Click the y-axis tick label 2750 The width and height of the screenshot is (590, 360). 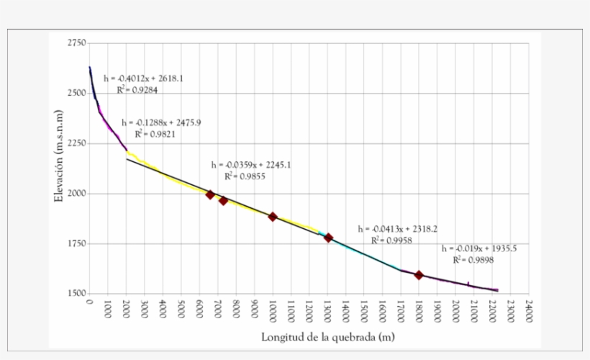click(77, 44)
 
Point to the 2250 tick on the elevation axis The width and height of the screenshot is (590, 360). click(77, 144)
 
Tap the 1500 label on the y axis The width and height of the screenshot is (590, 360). click(77, 294)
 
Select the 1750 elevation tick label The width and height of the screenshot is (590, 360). click(77, 244)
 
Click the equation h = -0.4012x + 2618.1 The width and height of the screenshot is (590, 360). click(143, 78)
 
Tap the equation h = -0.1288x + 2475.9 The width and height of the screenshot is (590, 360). click(161, 122)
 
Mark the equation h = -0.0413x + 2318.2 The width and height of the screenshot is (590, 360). click(395, 229)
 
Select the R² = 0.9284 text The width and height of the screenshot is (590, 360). click(137, 90)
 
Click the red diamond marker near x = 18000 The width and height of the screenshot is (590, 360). click(419, 275)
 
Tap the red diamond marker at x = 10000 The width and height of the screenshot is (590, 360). click(273, 217)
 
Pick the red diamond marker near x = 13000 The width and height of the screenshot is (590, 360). click(328, 238)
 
